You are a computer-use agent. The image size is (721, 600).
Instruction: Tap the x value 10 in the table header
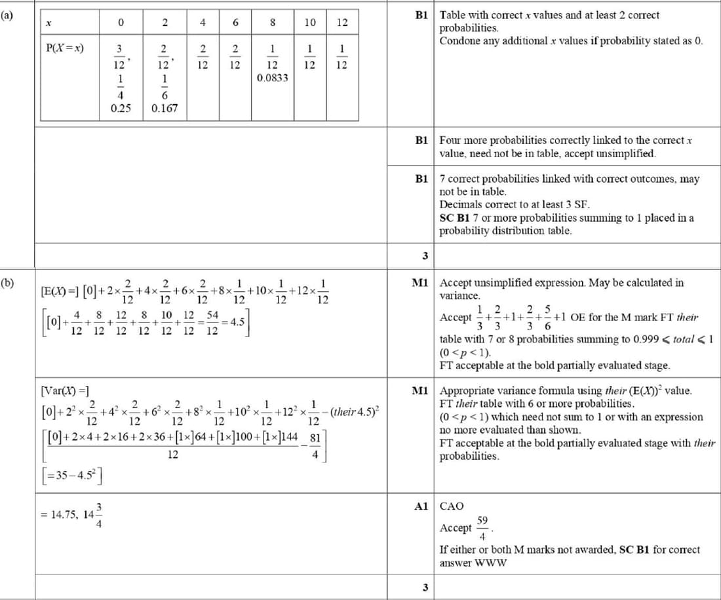(310, 22)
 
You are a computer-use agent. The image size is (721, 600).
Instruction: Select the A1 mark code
(420, 506)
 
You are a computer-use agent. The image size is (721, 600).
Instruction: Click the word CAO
(451, 506)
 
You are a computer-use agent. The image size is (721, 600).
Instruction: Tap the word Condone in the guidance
(458, 41)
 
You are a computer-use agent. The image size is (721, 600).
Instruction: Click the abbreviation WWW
(490, 563)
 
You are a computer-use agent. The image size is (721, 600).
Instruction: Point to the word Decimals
(458, 204)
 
